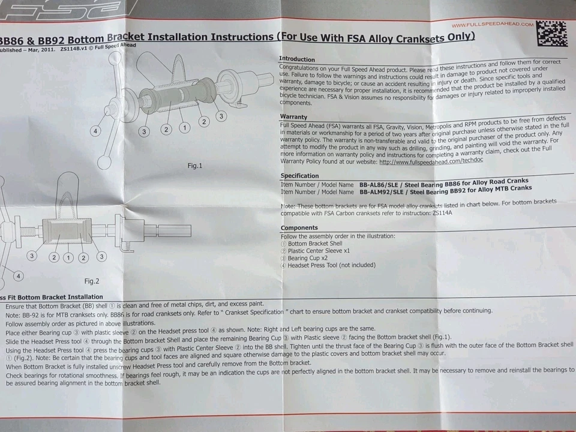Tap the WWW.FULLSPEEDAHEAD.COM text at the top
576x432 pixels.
coord(492,25)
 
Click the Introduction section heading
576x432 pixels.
coord(297,59)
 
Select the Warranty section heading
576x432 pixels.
coord(293,117)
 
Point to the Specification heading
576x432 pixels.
coord(300,176)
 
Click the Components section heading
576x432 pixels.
coord(299,228)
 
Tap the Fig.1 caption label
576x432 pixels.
coord(195,166)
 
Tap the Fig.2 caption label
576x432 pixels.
coord(92,281)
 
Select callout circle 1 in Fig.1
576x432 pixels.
coord(185,127)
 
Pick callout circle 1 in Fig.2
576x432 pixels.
coord(69,257)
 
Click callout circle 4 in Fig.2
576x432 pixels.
coord(19,276)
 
